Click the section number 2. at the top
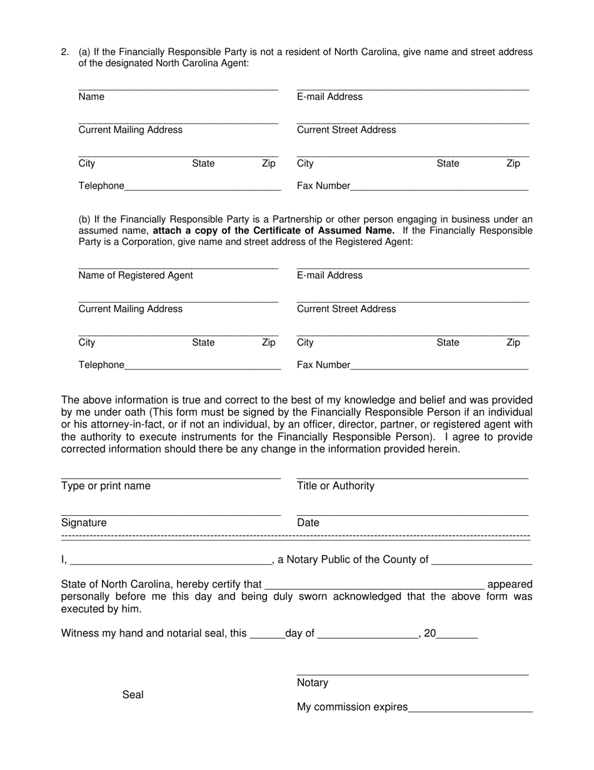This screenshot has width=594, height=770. [x=65, y=52]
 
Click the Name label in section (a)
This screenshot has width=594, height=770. [x=91, y=96]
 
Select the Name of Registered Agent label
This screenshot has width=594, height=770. [x=136, y=275]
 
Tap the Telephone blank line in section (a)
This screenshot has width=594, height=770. [x=203, y=187]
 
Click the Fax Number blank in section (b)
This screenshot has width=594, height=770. [x=439, y=366]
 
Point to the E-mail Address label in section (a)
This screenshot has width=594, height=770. [x=330, y=96]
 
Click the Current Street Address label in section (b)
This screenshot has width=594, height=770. [x=346, y=309]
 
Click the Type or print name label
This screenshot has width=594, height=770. [x=106, y=486]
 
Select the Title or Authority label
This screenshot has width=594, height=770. [x=336, y=486]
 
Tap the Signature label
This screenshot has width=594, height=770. [x=84, y=523]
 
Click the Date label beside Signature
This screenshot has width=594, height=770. [x=308, y=523]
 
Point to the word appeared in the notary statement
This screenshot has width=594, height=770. [x=510, y=584]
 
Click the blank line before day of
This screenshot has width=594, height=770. [x=267, y=634]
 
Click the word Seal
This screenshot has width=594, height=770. [x=133, y=694]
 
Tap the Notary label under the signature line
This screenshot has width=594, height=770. [x=313, y=682]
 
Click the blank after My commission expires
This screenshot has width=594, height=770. [x=470, y=708]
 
